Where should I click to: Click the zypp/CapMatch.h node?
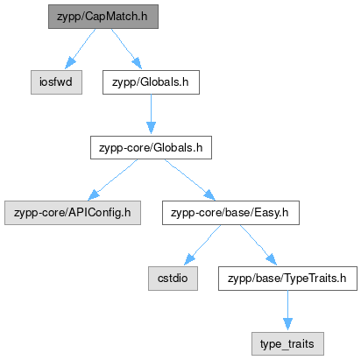[103, 17]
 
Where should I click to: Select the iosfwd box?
[56, 82]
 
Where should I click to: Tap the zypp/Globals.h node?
[151, 82]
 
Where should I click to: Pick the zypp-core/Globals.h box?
[151, 147]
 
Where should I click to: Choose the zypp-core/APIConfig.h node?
[73, 213]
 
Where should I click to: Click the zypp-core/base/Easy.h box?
[230, 213]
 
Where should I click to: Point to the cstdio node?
[173, 279]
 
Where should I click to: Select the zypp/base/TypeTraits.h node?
[287, 279]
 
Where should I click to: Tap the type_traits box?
[287, 343]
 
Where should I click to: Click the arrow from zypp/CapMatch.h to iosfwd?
[80, 49]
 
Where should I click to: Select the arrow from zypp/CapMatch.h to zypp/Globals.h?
[126, 49]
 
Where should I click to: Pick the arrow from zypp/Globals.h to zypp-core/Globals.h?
[151, 114]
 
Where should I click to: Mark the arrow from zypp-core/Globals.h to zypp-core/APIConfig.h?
[112, 180]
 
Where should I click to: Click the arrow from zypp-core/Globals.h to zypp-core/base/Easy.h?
[190, 180]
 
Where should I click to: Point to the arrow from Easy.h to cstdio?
[202, 245]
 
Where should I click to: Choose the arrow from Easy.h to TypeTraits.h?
[258, 245]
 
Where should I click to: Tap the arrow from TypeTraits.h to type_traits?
[287, 310]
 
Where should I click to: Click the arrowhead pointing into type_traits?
[287, 324]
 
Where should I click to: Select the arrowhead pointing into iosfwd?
[69, 63]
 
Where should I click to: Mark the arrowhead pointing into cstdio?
[189, 259]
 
